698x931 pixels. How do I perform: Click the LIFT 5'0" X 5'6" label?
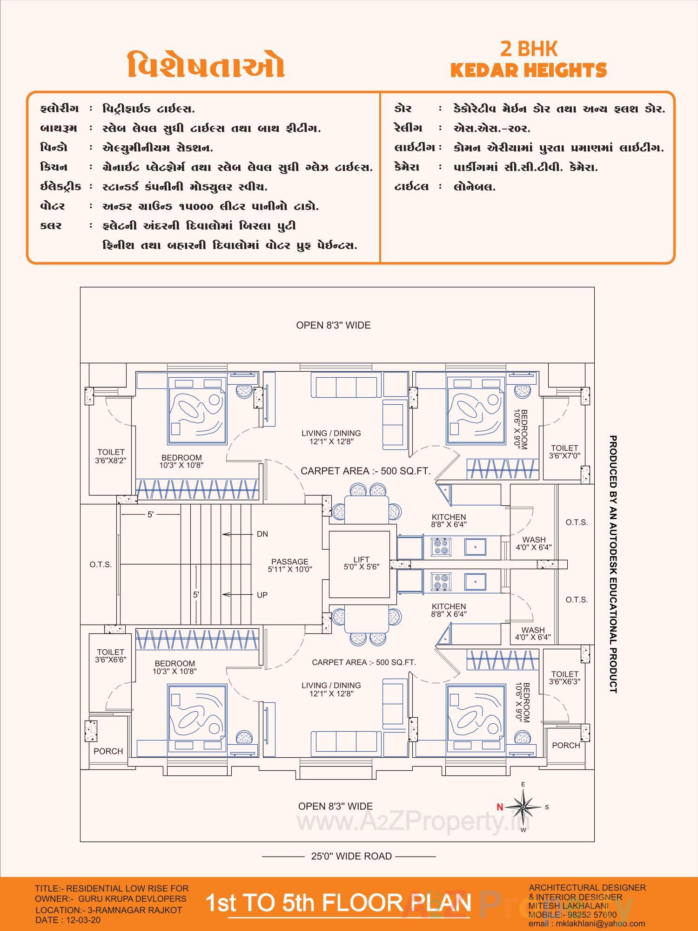361,563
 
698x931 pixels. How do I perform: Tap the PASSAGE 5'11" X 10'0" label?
290,565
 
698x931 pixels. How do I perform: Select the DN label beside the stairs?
262,534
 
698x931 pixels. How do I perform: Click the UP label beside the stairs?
262,595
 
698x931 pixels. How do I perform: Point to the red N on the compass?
500,807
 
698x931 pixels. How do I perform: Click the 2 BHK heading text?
529,49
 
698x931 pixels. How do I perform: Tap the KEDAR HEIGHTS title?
529,70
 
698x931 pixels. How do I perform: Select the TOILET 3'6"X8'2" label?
111,456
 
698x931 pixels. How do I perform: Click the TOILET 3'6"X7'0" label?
564,452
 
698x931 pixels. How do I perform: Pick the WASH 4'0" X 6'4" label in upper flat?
533,544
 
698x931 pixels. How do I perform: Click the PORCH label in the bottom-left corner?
108,751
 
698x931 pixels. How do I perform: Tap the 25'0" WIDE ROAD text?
351,856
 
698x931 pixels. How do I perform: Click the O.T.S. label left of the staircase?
101,564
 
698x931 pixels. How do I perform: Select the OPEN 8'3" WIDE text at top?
333,325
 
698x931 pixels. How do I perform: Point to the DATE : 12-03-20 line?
67,920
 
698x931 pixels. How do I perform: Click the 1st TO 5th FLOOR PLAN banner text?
338,902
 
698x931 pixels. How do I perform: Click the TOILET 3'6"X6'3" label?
564,678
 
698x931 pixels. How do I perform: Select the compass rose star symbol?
523,807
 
